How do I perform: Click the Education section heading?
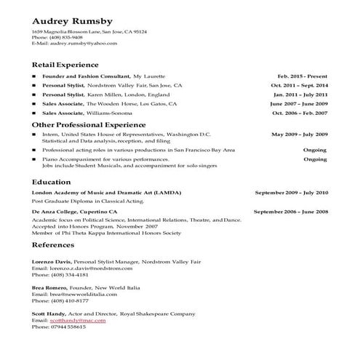click(51, 181)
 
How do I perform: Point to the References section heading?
click(55, 247)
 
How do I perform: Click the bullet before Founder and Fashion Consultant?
click(34, 76)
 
